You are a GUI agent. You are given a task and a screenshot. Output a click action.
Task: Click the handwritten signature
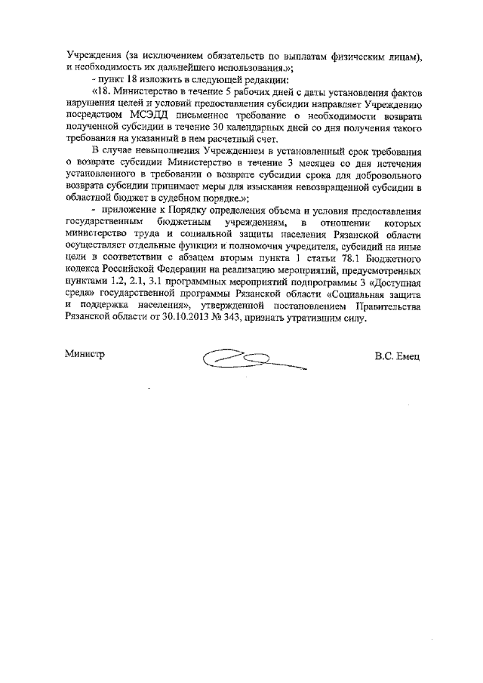click(x=253, y=359)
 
